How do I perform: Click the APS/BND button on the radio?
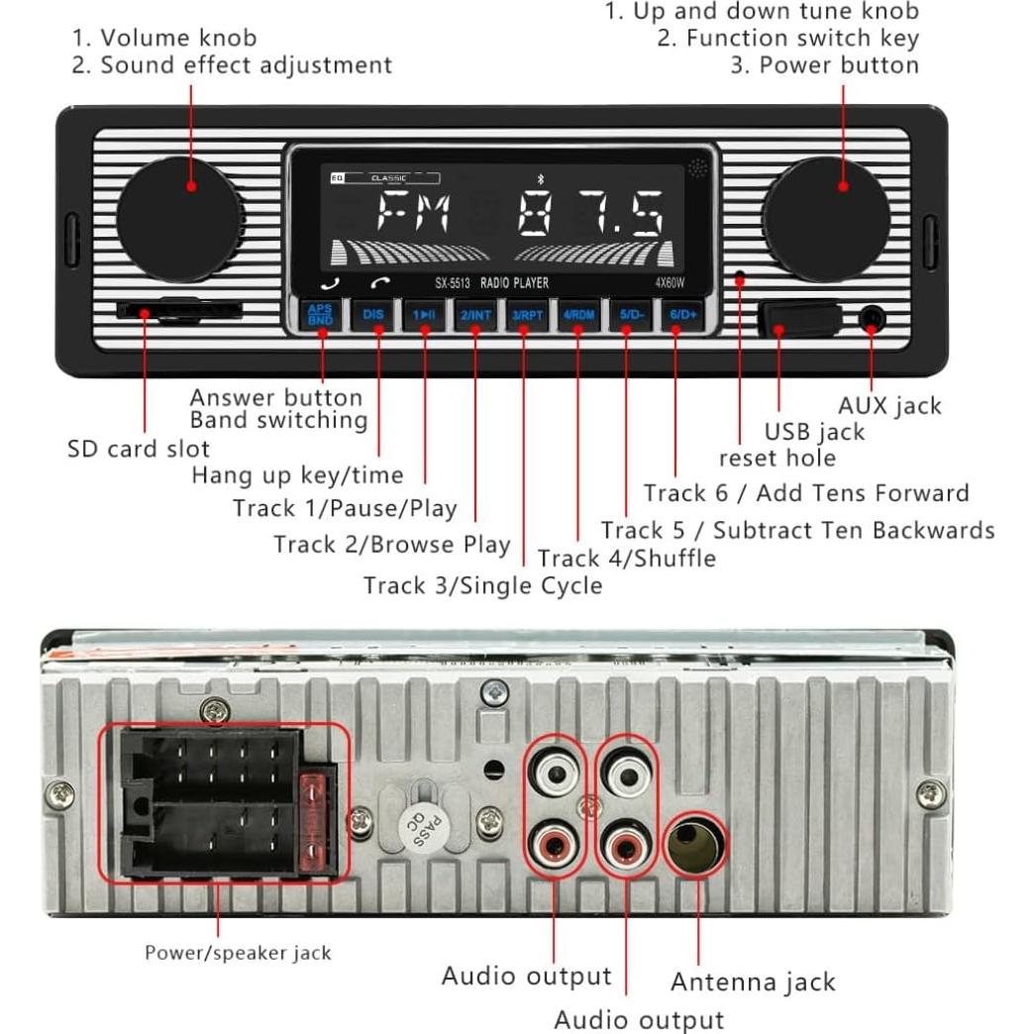[x=320, y=316]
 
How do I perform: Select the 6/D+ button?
[x=682, y=316]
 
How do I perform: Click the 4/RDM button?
[x=579, y=316]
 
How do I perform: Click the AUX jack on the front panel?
[x=872, y=319]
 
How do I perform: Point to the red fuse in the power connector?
[x=316, y=822]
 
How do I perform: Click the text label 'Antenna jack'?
[x=753, y=982]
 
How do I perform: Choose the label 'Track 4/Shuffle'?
[x=626, y=559]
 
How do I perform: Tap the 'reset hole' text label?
[x=776, y=458]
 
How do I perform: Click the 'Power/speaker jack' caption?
[x=238, y=953]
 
